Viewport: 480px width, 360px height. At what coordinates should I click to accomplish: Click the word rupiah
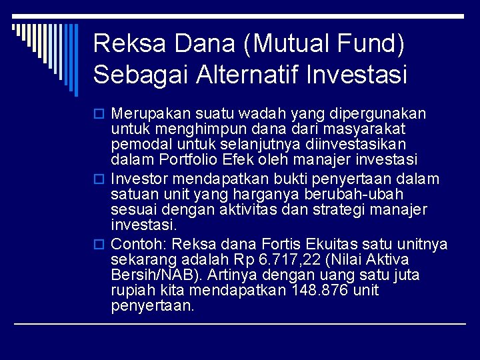click(x=132, y=291)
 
